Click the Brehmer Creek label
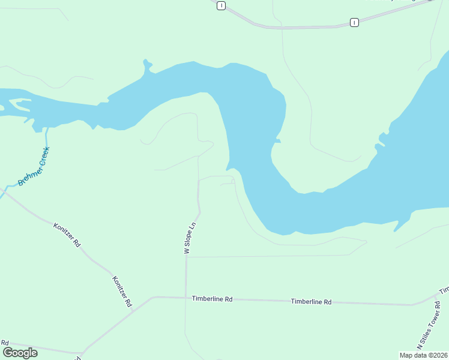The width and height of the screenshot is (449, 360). tap(33, 167)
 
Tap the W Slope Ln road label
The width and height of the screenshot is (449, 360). tap(190, 239)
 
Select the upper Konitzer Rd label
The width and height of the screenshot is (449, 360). tap(67, 235)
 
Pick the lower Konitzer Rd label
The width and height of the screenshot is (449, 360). tap(122, 292)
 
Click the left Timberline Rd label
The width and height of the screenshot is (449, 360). tap(212, 298)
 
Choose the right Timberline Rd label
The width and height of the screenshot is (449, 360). tap(311, 302)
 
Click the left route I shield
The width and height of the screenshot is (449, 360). tap(221, 5)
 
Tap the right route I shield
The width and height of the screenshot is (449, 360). tap(354, 22)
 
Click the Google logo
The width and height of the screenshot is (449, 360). tap(19, 353)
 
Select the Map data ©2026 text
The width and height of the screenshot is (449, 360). tap(424, 355)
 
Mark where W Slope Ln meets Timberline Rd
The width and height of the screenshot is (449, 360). tap(186, 297)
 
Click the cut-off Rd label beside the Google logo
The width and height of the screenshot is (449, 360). tap(5, 343)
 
